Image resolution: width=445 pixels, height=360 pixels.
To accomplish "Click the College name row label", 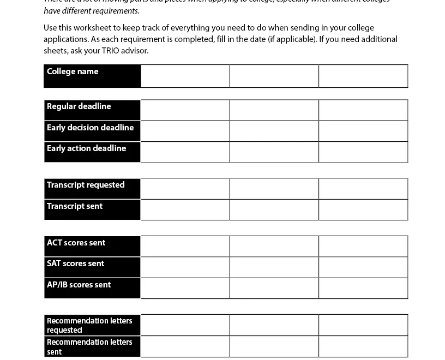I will pyautogui.click(x=73, y=71).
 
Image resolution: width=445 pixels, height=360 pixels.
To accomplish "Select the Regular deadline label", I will pyautogui.click(x=79, y=106).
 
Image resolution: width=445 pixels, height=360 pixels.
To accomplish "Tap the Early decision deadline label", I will pyautogui.click(x=90, y=128).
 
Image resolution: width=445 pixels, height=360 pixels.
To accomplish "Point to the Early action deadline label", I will pyautogui.click(x=86, y=148).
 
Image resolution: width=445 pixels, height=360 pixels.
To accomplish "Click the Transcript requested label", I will pyautogui.click(x=86, y=185).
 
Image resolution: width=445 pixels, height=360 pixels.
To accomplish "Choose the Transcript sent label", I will pyautogui.click(x=75, y=206).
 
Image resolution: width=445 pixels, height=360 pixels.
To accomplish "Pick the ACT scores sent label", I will pyautogui.click(x=76, y=243).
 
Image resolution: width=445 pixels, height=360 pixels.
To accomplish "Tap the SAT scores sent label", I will pyautogui.click(x=75, y=263).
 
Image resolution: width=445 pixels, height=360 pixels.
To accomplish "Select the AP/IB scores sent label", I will pyautogui.click(x=79, y=285).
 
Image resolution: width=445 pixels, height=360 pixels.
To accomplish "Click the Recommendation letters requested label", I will pyautogui.click(x=89, y=325).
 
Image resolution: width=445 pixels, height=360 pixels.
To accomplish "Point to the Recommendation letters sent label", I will pyautogui.click(x=89, y=346).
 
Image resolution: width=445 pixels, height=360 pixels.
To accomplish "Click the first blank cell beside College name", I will pyautogui.click(x=185, y=76).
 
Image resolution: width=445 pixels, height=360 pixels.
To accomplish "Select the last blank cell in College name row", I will pyautogui.click(x=363, y=76).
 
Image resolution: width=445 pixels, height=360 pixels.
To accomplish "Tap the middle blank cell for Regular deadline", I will pyautogui.click(x=274, y=110).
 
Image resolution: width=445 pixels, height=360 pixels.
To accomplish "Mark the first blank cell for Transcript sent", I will pyautogui.click(x=185, y=209).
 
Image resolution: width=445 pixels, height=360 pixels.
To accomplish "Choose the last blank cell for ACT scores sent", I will pyautogui.click(x=363, y=246).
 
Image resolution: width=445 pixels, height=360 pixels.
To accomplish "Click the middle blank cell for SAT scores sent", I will pyautogui.click(x=274, y=267).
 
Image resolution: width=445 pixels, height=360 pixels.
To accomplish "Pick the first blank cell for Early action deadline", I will pyautogui.click(x=185, y=152).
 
